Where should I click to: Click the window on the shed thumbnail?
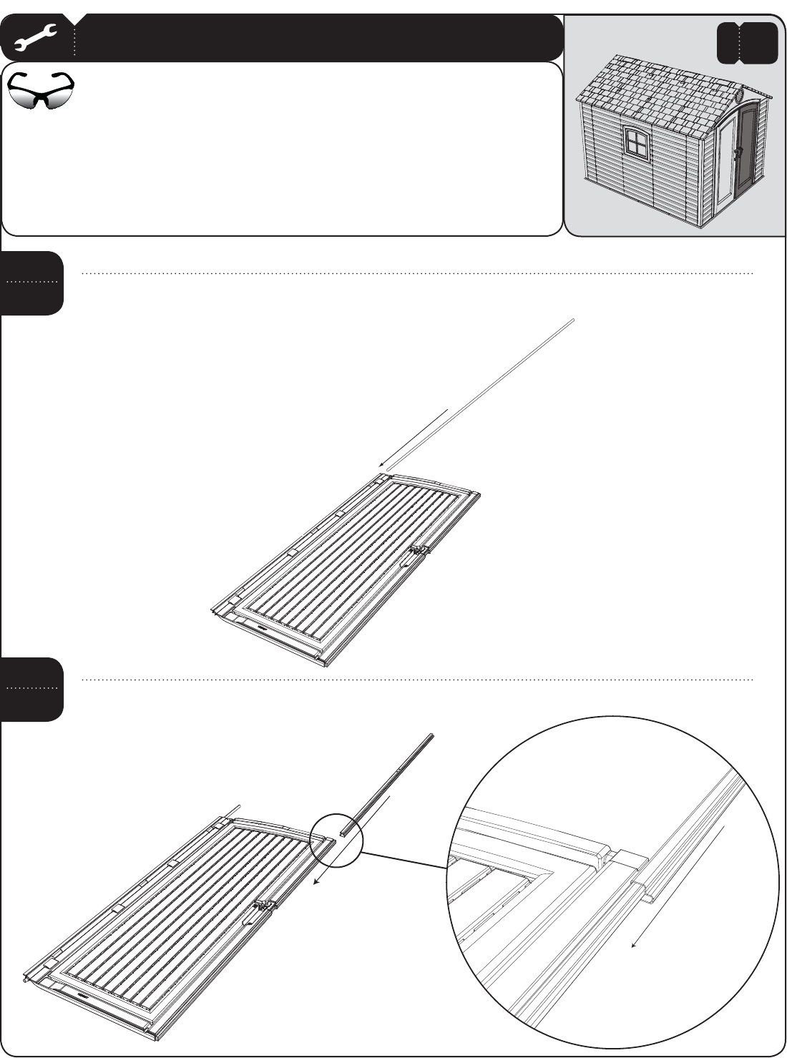point(634,141)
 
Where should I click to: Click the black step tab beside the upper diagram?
point(32,283)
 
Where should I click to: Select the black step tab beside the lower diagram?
point(32,689)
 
